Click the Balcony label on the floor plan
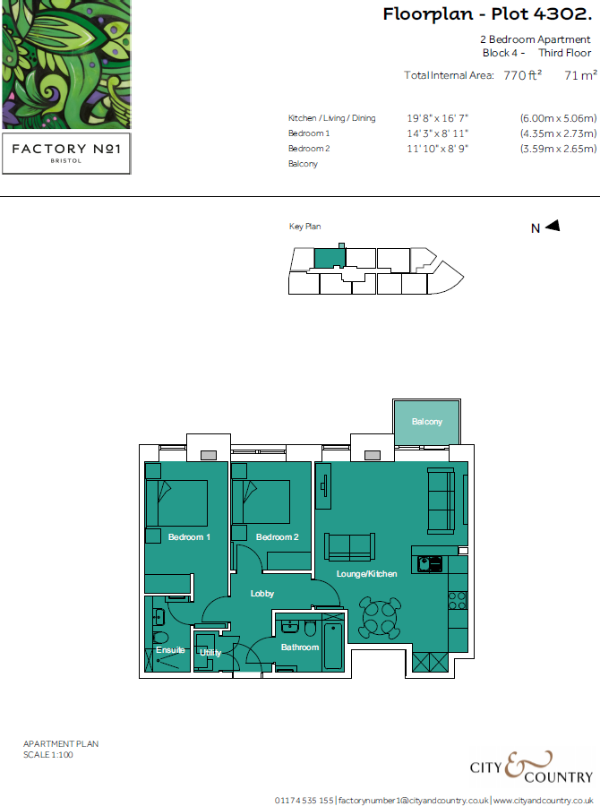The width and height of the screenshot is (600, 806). coord(427,422)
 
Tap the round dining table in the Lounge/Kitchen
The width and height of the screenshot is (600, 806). coord(378,615)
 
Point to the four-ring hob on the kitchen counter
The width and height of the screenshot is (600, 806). coord(457,598)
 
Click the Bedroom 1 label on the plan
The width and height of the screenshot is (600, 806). coord(189,537)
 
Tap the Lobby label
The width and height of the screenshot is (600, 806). coord(262,594)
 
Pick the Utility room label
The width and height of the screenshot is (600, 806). coord(210,653)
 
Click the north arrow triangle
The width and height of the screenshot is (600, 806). coord(552,227)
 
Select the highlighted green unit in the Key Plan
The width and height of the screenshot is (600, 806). coord(328,257)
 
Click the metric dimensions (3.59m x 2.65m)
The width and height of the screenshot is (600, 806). coord(558,149)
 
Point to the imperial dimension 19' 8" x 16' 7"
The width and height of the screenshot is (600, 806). coord(438,118)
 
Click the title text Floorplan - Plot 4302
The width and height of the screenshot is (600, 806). coord(486,14)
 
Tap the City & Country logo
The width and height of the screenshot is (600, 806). coord(531,769)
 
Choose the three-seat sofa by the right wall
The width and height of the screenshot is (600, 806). coord(440,500)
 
